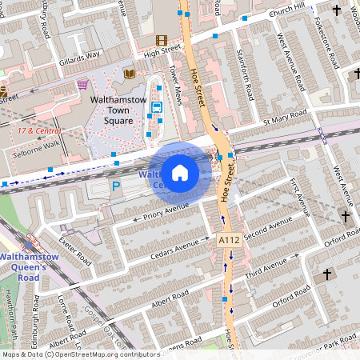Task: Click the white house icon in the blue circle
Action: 180,173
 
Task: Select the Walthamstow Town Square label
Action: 117,110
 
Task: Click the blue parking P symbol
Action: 116,186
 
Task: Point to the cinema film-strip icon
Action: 162,40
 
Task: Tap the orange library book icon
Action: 129,74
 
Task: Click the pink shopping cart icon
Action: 82,84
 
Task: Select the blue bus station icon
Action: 156,107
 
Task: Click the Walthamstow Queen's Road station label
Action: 30,266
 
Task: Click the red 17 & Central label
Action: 39,130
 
